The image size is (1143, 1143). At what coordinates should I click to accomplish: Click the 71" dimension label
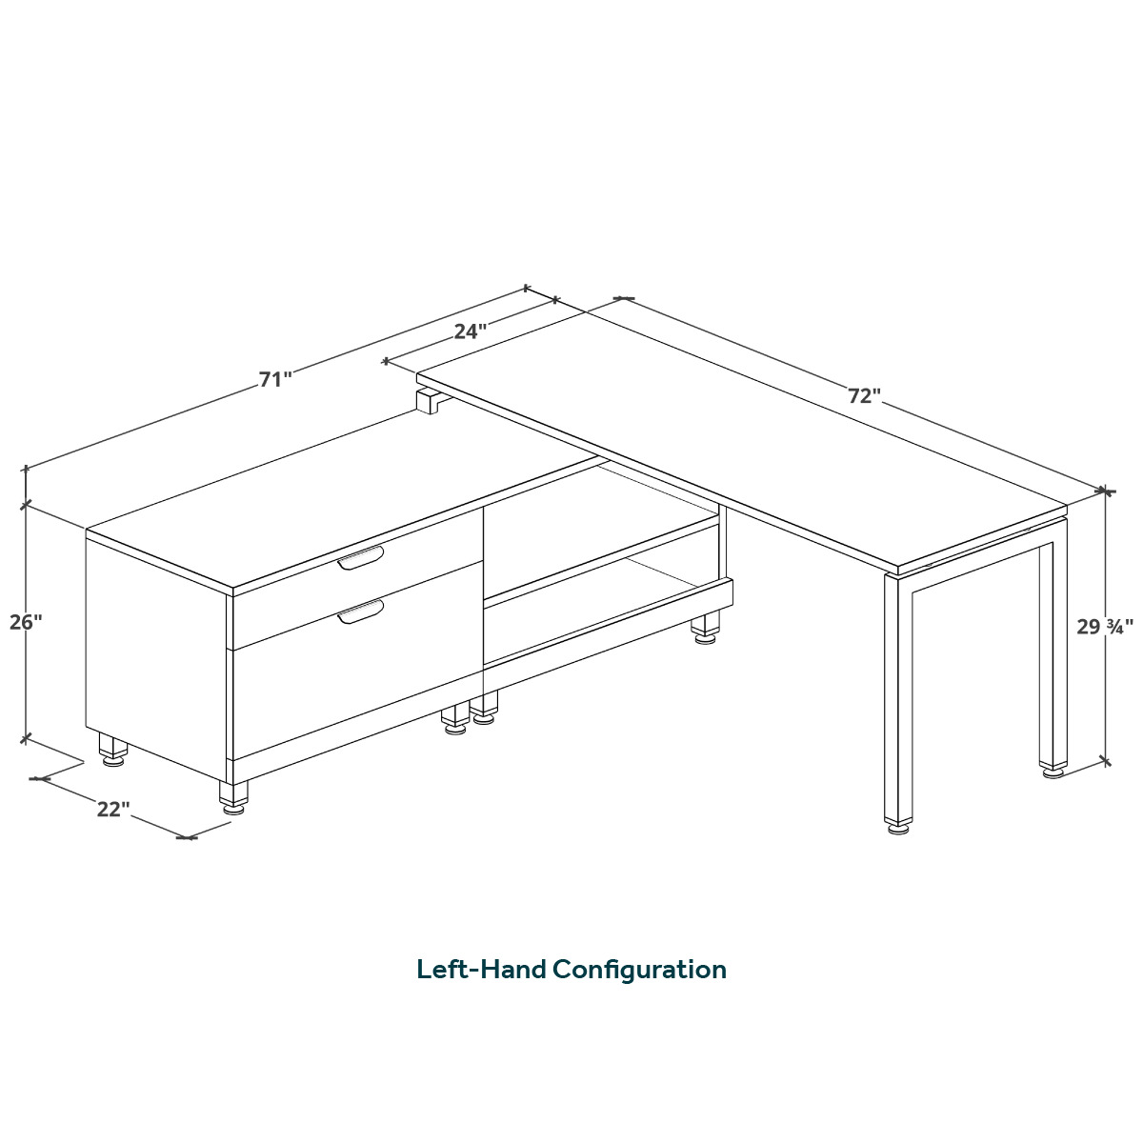(275, 379)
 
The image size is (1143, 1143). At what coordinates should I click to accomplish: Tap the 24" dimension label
(471, 331)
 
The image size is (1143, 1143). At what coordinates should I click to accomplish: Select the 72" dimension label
(864, 395)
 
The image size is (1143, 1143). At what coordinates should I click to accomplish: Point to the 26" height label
(26, 622)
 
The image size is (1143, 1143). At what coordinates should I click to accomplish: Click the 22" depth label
(113, 809)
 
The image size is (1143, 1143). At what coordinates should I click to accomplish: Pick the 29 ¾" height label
(1105, 627)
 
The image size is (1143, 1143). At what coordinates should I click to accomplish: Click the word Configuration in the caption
(639, 971)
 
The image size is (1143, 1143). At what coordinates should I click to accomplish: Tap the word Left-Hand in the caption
(481, 970)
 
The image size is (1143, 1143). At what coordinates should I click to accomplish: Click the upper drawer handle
(360, 558)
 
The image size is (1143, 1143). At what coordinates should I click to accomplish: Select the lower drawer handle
(360, 612)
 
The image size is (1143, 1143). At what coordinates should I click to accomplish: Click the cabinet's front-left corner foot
(233, 797)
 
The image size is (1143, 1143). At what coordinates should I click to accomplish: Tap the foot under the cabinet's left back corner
(113, 751)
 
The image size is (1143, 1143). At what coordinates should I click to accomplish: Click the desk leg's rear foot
(1053, 772)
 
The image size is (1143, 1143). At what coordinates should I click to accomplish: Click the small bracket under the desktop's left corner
(429, 400)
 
